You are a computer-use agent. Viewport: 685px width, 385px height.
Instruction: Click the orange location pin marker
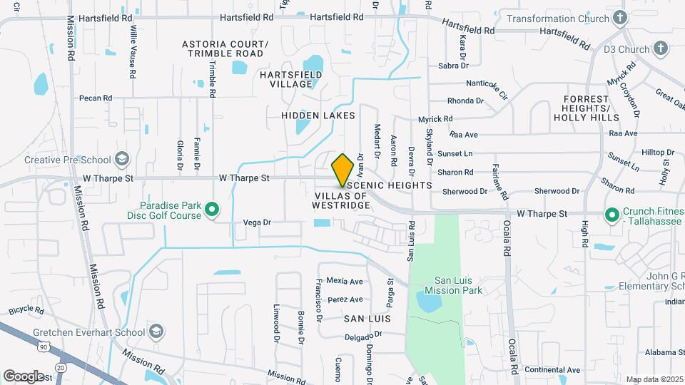343,170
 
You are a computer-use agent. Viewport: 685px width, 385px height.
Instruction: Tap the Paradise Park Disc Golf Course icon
212,210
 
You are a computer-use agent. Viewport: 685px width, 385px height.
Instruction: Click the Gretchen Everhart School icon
156,332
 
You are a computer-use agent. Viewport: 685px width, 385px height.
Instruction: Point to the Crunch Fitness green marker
612,215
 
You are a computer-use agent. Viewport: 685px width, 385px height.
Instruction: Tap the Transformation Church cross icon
620,19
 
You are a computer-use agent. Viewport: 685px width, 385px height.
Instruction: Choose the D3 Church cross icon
661,49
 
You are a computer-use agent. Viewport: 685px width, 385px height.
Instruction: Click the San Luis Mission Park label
453,285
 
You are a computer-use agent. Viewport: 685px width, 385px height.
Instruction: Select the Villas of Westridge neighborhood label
340,200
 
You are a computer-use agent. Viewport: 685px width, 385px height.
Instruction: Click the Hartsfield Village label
285,79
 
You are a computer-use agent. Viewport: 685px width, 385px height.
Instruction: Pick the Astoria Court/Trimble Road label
225,48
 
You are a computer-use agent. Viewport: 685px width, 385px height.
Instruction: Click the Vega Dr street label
258,222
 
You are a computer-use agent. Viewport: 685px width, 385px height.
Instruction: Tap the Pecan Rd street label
96,98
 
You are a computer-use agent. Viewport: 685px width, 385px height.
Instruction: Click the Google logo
24,376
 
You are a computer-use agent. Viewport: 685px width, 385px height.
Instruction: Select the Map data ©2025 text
655,379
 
